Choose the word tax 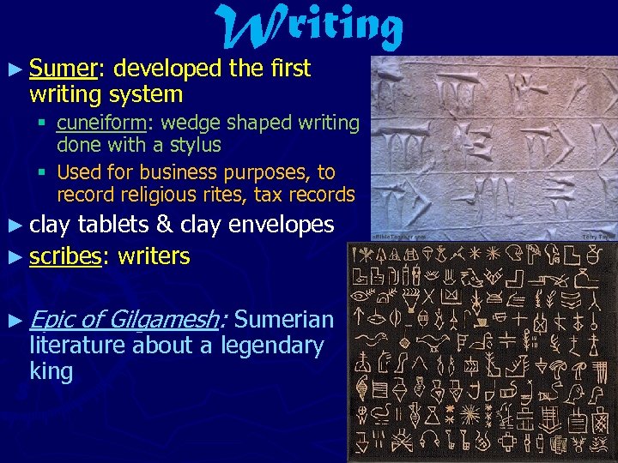270,195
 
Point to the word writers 154,256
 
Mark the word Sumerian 283,320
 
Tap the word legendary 272,346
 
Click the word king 51,372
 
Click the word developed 167,69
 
